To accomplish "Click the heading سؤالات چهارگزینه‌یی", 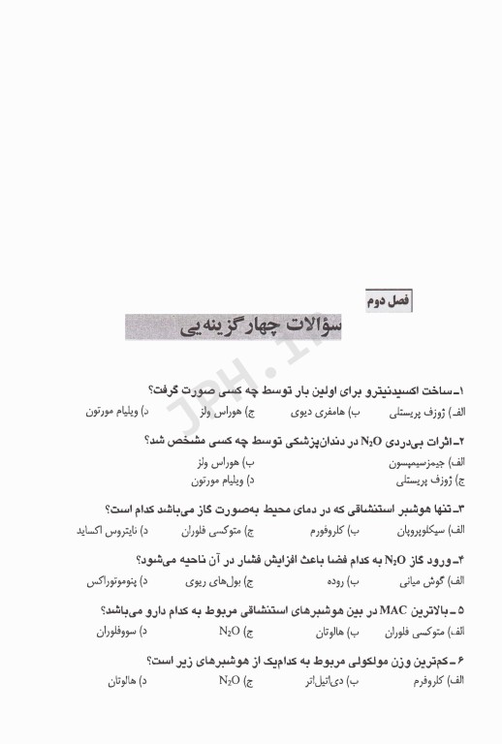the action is (x=241, y=325).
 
